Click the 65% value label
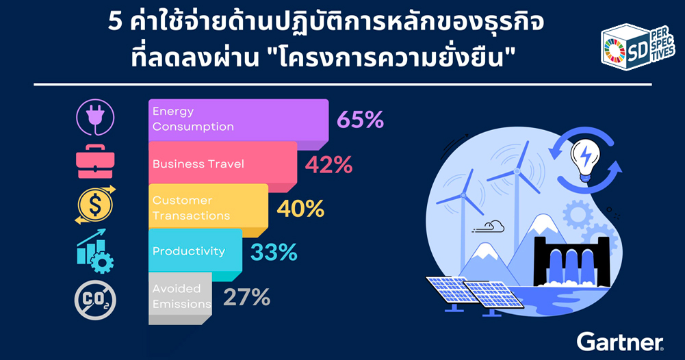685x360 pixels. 361,120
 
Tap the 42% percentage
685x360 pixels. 328,165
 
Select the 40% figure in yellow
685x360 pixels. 300,209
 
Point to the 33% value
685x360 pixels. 274,253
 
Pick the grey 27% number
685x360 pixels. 247,298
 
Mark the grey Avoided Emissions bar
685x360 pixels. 180,298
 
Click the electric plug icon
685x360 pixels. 95,117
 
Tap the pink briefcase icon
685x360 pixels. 95,162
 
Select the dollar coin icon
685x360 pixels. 95,205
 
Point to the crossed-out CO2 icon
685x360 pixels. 95,300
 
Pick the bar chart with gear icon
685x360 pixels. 95,251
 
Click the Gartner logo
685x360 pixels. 621,342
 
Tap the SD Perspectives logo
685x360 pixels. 638,47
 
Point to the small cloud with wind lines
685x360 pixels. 489,227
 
